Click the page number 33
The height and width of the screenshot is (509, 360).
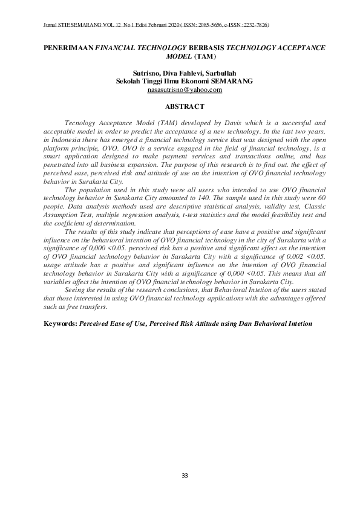[185, 475]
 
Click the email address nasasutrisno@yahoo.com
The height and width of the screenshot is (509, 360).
[185, 89]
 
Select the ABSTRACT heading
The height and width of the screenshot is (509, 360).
[185, 106]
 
